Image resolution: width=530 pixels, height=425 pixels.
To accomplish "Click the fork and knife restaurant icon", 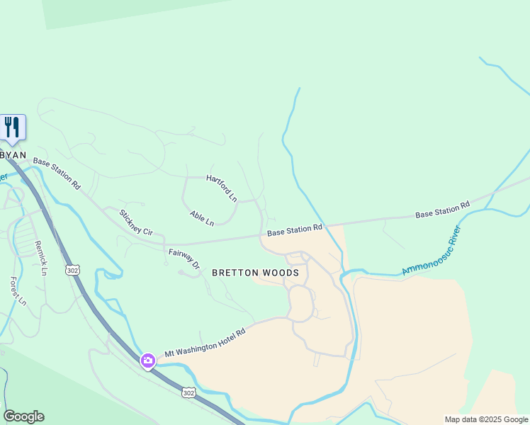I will (12, 127).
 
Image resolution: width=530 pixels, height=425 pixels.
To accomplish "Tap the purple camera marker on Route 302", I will (148, 361).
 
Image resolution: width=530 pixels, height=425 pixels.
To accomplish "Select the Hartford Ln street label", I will (222, 188).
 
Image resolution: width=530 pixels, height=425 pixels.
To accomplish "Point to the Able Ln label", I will (201, 218).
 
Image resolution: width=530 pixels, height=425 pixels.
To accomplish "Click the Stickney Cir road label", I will (135, 222).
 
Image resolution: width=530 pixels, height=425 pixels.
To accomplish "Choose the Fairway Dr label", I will (184, 258).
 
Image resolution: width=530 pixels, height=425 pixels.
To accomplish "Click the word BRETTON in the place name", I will (238, 273).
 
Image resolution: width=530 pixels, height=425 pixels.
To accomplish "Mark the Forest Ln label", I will (17, 290).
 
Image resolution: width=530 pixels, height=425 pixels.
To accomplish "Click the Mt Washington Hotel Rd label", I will (205, 343).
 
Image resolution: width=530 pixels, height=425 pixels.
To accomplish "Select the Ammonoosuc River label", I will (432, 251).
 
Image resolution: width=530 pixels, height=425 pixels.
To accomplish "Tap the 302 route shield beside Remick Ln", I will (72, 270).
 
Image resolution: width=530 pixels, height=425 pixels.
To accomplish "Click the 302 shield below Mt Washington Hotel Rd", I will (188, 392).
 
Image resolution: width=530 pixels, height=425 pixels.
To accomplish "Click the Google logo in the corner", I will (23, 416).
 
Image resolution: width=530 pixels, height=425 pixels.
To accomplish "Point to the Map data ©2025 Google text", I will (486, 419).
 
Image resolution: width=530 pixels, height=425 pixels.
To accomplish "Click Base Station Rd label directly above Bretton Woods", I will (295, 231).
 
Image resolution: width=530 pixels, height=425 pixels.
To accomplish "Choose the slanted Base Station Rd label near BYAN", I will (56, 174).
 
